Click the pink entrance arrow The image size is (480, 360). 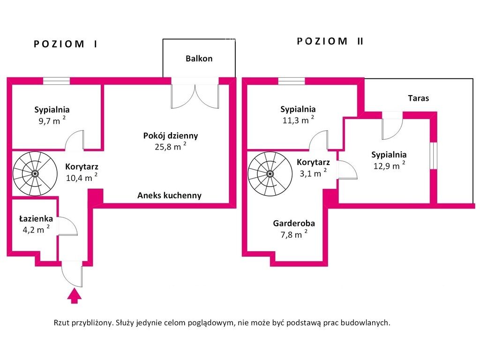click(74, 296)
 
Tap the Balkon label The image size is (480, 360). click(199, 59)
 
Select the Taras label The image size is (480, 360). click(418, 98)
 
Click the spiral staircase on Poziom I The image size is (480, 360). click(34, 173)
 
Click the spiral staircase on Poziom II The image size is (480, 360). click(270, 173)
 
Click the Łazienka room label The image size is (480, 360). click(36, 218)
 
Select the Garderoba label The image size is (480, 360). click(294, 223)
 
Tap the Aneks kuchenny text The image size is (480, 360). click(169, 195)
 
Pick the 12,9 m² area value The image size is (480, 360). click(389, 166)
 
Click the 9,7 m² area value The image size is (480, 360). click(51, 121)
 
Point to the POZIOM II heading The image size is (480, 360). click(330, 41)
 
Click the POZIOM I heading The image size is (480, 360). click(66, 44)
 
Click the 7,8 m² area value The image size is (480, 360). click(294, 234)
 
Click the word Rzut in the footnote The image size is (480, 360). click(63, 322)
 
